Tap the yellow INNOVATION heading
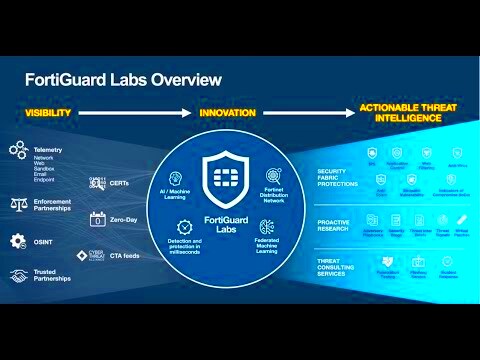pos(228,113)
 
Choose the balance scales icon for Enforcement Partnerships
pos(17,204)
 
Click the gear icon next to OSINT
pos(17,240)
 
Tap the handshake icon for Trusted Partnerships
pos(17,274)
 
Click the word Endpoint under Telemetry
pos(46,181)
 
